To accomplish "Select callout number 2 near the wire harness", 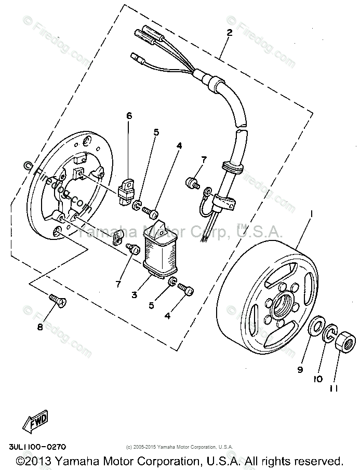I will [229, 32].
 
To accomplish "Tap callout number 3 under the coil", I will [134, 294].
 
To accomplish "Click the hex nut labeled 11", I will [343, 342].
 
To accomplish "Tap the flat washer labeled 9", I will [315, 328].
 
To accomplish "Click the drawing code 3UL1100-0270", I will [37, 446].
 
